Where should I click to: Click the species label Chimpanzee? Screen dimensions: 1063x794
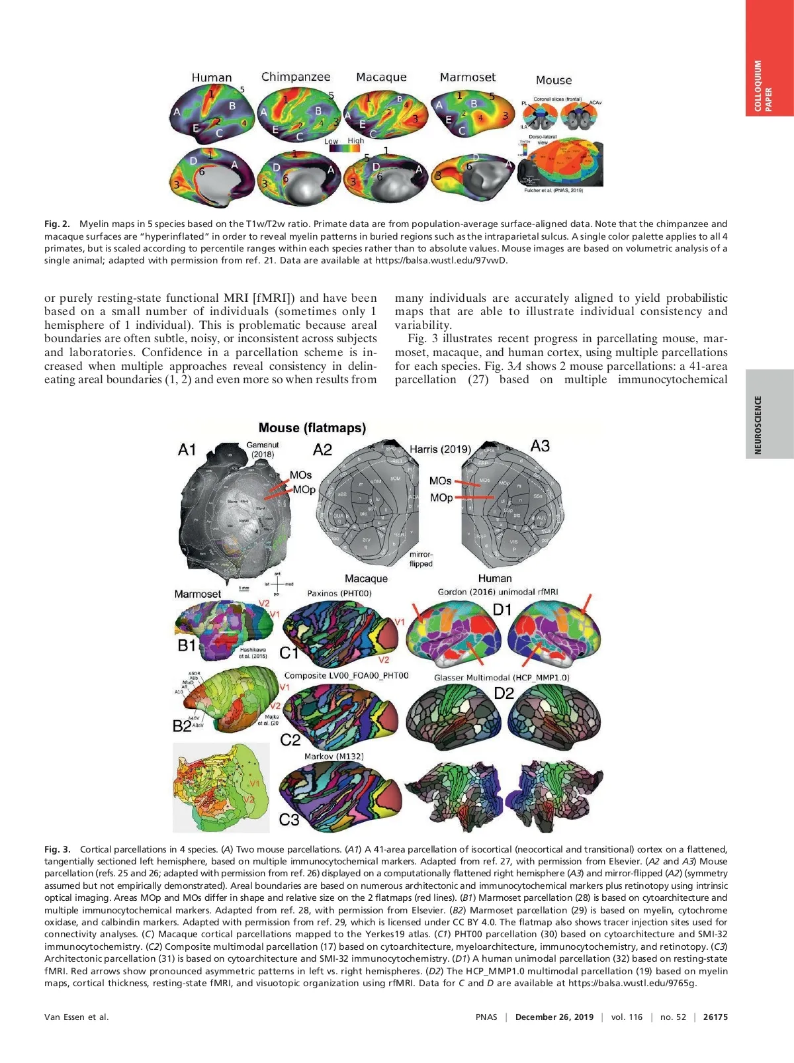(x=296, y=77)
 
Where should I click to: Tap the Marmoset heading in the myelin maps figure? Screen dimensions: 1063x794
(x=467, y=77)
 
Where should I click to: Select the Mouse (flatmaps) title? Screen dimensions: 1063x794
(x=312, y=428)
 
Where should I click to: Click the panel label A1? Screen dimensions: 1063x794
(x=187, y=450)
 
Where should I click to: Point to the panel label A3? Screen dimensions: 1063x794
(x=540, y=446)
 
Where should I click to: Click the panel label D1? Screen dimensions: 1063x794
(x=502, y=610)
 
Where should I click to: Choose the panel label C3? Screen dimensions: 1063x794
(x=289, y=819)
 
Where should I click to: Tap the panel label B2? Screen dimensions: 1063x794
(x=183, y=726)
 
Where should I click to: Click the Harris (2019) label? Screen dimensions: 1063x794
(x=440, y=449)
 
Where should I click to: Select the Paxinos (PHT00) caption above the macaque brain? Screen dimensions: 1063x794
(x=339, y=593)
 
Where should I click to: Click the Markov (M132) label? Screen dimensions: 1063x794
(x=334, y=756)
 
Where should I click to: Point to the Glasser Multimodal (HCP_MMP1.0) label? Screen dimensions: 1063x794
(x=502, y=677)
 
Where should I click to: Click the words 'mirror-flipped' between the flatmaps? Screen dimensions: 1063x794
(x=421, y=559)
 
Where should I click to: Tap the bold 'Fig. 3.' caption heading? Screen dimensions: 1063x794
(x=58, y=849)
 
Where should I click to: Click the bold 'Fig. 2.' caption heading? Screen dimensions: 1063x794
(x=58, y=224)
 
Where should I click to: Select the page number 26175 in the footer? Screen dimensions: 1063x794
(x=715, y=1017)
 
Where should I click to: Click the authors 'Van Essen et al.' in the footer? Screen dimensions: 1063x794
(x=77, y=1017)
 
